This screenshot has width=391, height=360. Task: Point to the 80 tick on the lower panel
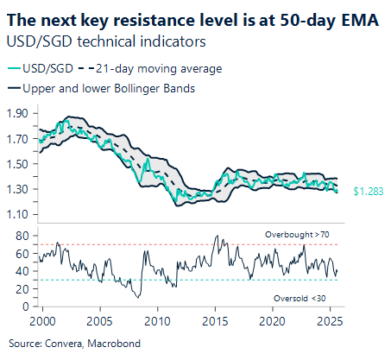23,235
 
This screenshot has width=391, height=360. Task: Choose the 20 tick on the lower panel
23,288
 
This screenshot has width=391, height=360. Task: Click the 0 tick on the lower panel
27,306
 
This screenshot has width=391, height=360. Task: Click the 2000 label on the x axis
41,321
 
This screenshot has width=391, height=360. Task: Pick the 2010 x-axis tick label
157,321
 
